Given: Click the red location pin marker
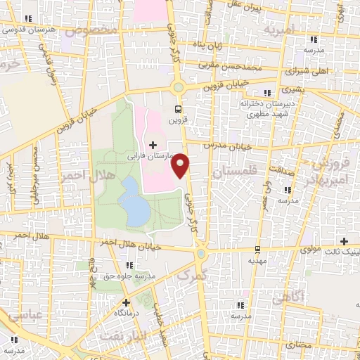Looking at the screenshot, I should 182,165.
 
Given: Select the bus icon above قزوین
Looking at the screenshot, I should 177,109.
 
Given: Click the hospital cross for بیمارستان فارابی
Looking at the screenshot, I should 153,145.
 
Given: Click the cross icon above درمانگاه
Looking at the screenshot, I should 125,303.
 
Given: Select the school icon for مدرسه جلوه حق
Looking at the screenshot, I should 129,265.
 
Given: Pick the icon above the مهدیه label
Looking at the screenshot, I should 257,250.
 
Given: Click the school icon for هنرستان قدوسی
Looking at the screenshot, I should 27,19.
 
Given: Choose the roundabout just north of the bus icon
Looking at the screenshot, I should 177,87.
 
